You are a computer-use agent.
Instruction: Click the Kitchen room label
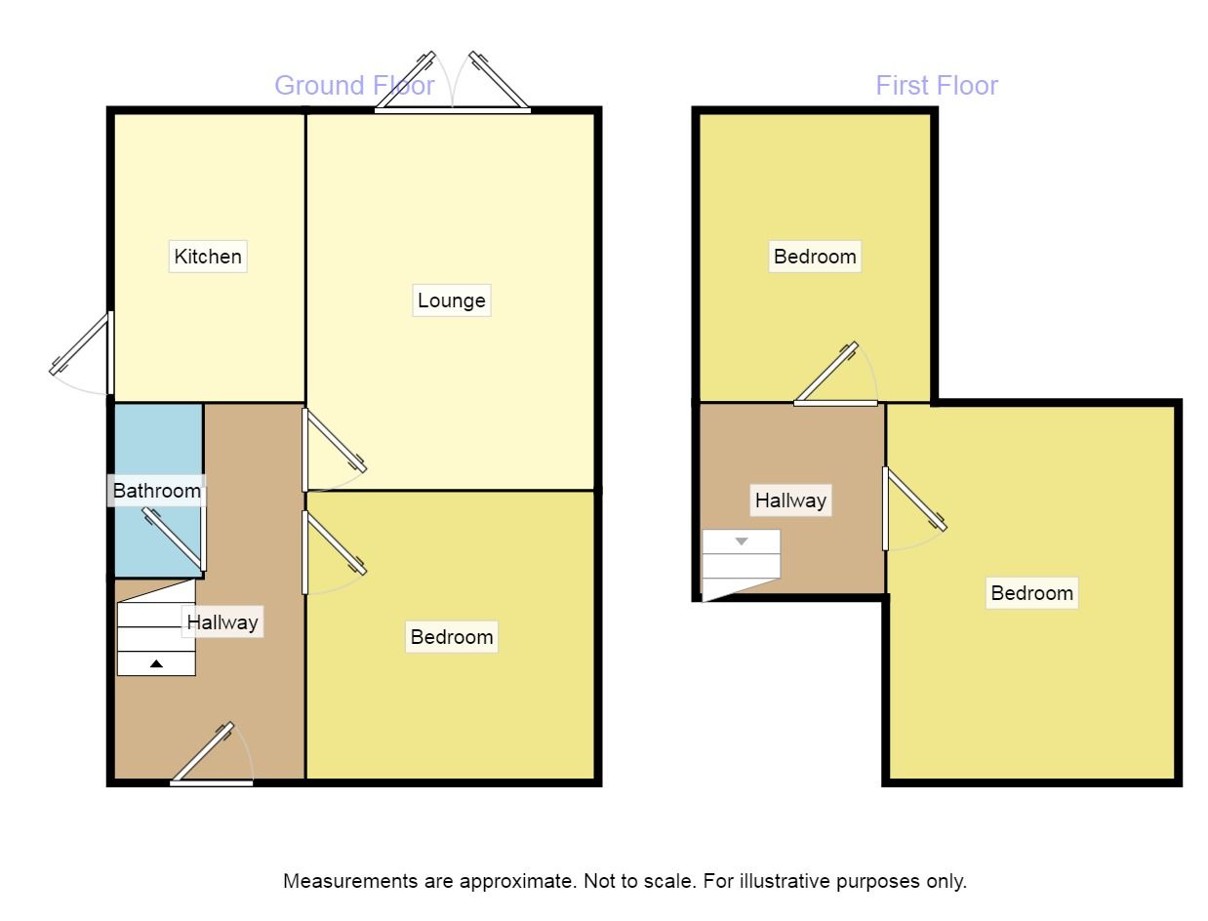(208, 257)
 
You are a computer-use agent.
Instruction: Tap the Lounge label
(451, 300)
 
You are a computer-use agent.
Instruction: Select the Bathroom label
(157, 490)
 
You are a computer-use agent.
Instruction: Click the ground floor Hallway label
(222, 621)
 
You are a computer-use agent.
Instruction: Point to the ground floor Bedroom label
(451, 637)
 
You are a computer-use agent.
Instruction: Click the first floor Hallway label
(790, 501)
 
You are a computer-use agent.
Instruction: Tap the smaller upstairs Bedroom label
(815, 257)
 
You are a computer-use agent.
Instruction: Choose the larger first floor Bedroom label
(1031, 593)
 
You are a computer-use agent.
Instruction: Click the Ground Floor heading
(354, 86)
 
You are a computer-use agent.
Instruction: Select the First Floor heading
(936, 86)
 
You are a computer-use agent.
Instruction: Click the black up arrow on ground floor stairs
(156, 663)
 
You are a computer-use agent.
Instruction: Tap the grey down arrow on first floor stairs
(742, 541)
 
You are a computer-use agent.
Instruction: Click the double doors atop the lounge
(453, 88)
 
